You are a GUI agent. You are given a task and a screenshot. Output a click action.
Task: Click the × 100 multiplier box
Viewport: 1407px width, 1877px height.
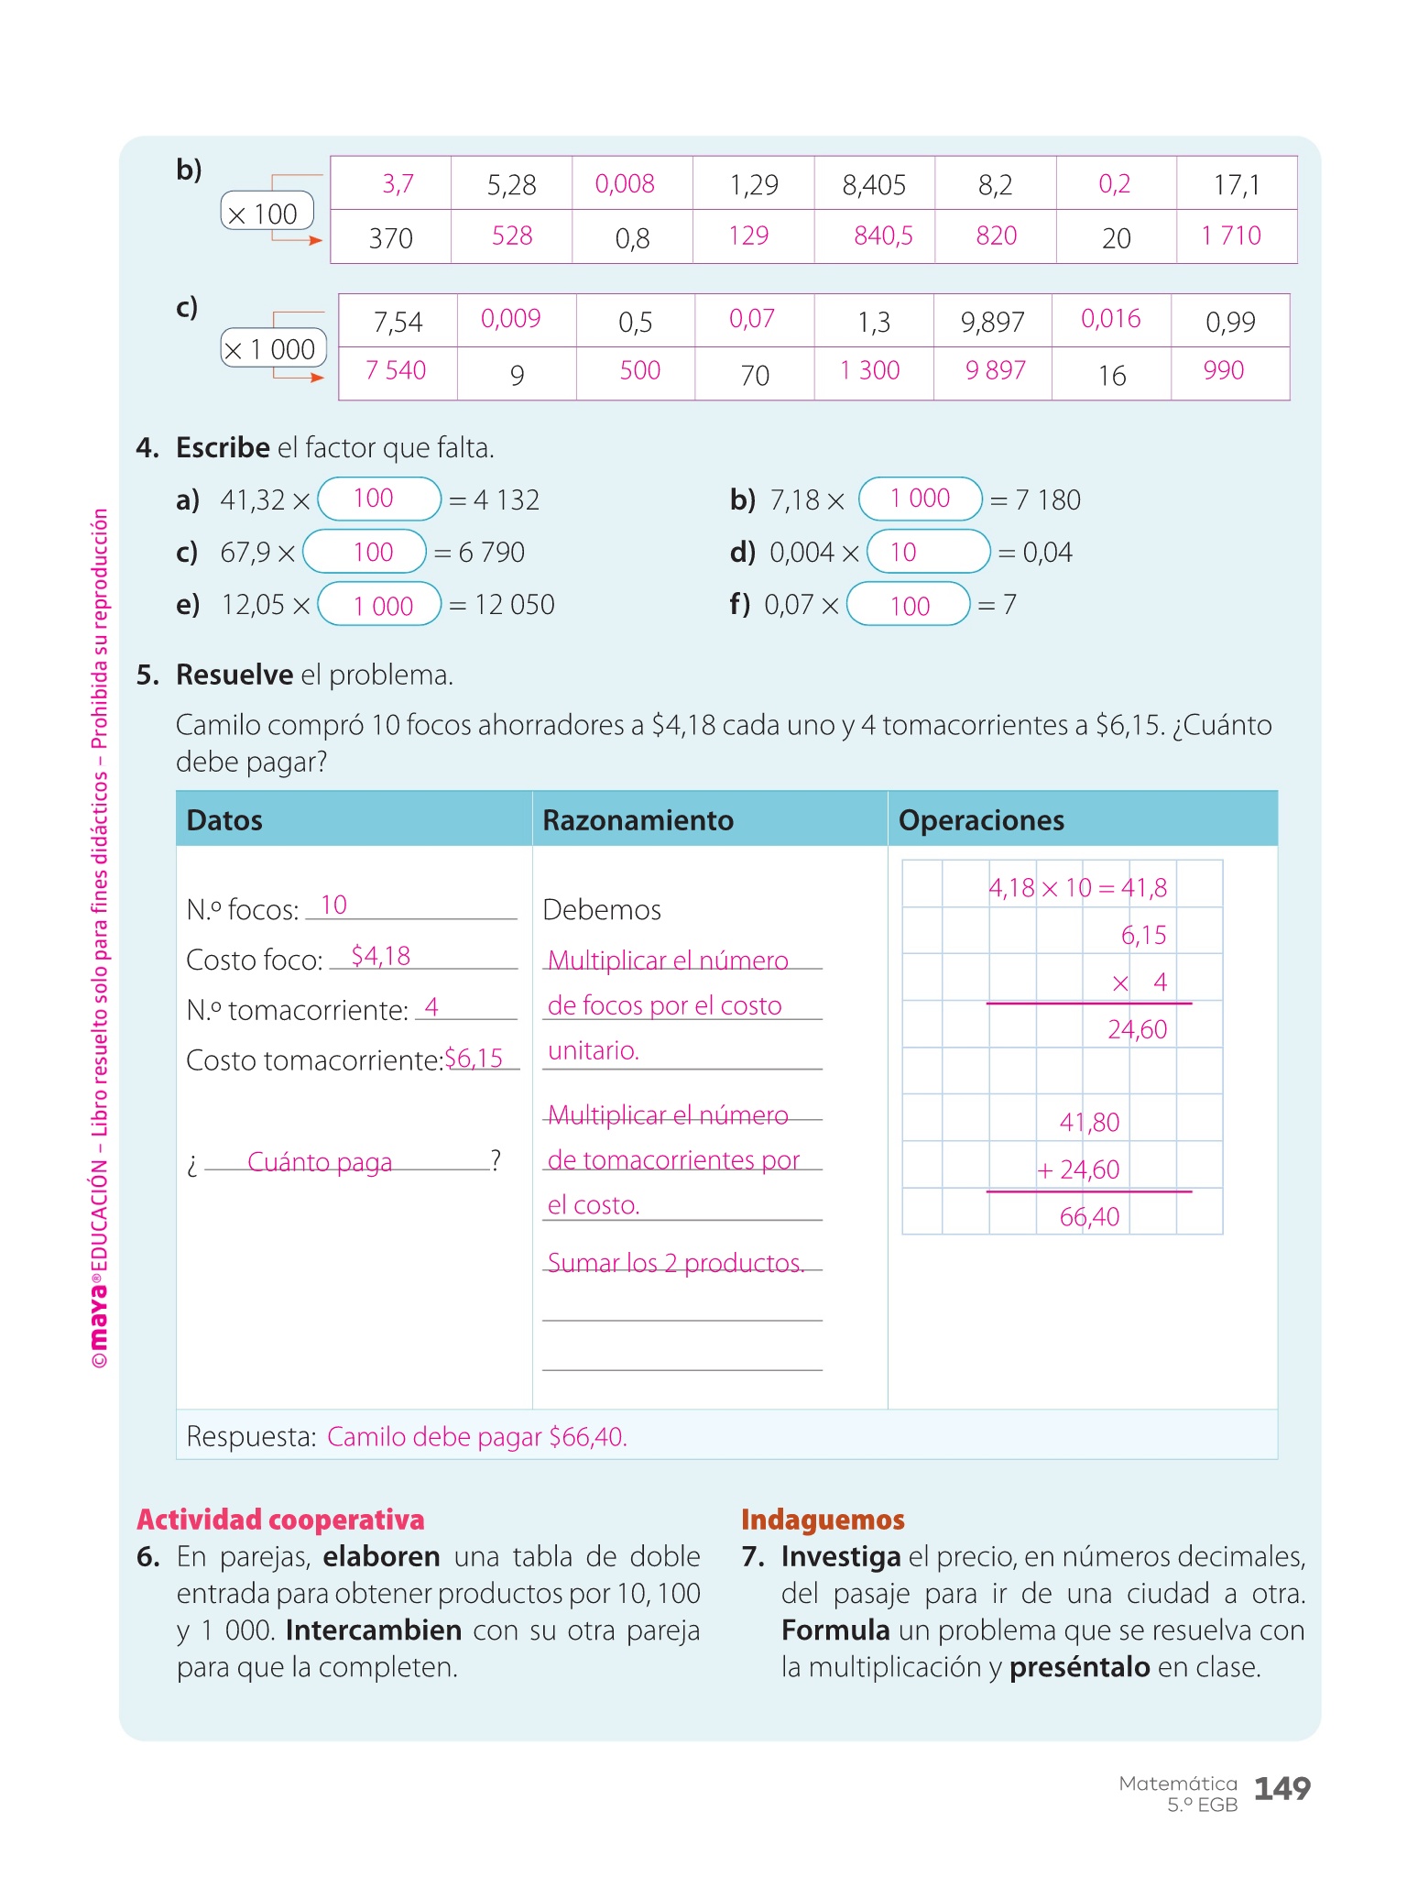[267, 212]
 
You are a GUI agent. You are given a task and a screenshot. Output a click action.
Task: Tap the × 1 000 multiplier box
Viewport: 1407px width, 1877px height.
[273, 348]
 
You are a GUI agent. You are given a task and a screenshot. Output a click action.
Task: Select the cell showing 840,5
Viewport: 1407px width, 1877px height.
[882, 236]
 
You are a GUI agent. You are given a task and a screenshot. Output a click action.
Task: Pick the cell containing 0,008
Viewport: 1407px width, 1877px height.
[625, 184]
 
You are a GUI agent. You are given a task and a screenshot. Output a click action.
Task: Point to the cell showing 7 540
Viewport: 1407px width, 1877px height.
[396, 371]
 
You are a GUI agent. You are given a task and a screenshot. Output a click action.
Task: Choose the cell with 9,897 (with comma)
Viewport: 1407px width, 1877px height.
[992, 322]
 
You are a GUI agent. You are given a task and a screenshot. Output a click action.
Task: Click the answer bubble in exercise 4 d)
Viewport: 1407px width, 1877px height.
[928, 552]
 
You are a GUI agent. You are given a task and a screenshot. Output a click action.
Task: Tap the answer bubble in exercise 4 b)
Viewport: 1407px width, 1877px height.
[920, 499]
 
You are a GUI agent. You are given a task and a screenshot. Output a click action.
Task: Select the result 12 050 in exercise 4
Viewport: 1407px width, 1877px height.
[514, 605]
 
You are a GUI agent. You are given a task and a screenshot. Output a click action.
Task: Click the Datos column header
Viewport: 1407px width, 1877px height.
[224, 820]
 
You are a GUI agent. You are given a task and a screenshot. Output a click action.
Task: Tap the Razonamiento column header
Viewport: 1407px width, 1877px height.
[638, 820]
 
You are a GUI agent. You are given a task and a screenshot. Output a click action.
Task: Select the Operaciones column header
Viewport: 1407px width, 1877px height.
[981, 820]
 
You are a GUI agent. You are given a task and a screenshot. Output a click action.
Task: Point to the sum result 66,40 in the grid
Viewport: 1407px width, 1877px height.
[1089, 1217]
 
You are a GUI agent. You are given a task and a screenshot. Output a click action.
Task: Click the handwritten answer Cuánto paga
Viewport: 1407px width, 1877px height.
[320, 1162]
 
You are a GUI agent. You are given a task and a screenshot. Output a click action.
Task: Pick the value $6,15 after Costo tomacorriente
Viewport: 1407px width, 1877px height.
[474, 1059]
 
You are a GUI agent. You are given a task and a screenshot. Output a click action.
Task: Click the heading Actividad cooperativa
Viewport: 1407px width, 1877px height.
[280, 1520]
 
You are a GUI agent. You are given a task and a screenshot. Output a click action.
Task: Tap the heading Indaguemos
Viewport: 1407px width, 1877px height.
[823, 1520]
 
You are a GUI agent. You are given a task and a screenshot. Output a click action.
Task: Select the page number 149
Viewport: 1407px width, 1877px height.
[1282, 1789]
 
